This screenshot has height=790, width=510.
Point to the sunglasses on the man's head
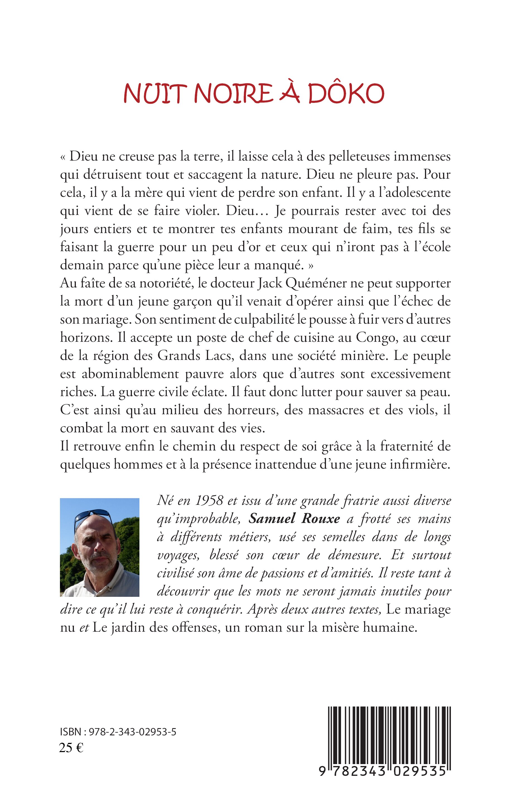click(x=94, y=515)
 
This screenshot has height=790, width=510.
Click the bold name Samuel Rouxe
click(x=294, y=519)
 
